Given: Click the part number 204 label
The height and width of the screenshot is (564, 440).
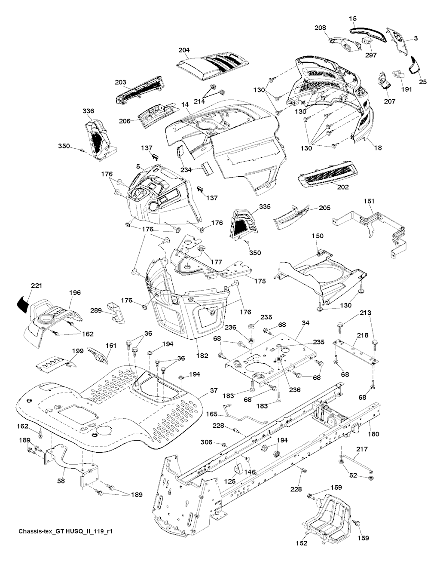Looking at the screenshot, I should point(184,50).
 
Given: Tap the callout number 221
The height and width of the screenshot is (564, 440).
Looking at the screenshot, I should point(37,285).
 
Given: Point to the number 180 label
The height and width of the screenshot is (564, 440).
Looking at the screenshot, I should point(373,434).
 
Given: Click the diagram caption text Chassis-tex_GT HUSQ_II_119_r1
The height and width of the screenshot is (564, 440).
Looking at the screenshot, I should point(66,543).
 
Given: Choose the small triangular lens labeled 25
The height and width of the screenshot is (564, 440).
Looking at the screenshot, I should point(416,65).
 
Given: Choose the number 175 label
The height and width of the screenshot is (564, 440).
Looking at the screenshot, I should point(260,281).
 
